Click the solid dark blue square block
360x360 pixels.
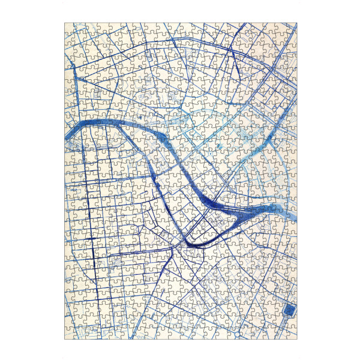click(290, 310)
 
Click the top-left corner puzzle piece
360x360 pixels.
click(68, 27)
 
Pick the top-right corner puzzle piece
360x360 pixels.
click(292, 27)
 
